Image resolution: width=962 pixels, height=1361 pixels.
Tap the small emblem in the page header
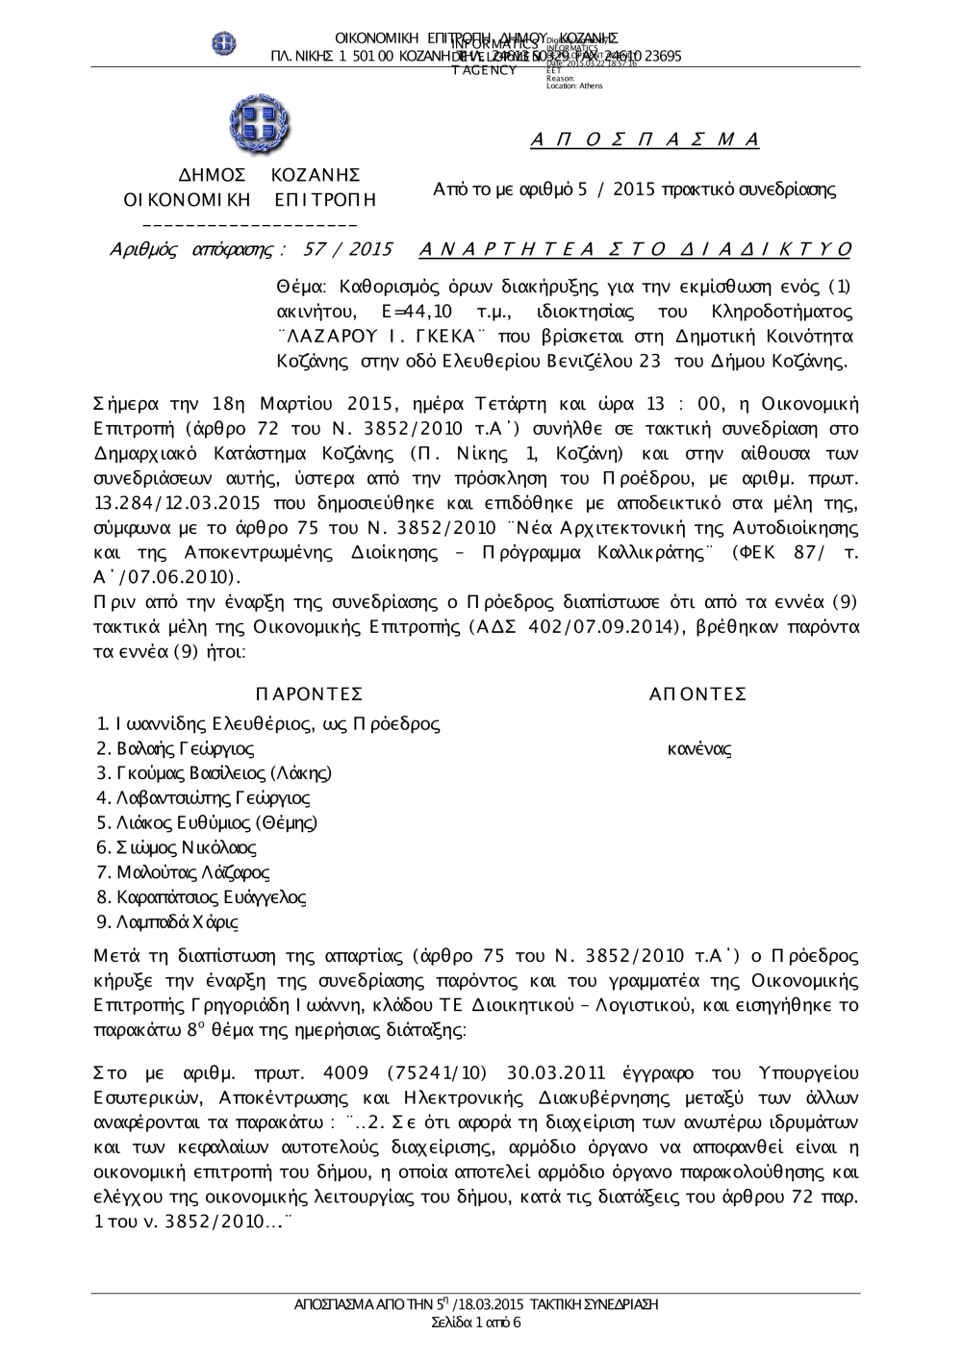[224, 43]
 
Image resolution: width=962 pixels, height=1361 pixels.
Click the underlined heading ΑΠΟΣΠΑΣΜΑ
[645, 140]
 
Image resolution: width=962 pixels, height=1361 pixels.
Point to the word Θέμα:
[302, 287]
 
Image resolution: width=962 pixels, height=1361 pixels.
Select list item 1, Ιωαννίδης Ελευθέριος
[268, 724]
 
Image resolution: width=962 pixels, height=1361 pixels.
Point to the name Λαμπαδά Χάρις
[177, 921]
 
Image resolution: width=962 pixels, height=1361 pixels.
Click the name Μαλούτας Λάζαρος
[192, 872]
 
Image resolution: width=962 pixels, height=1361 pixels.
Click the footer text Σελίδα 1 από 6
[476, 1322]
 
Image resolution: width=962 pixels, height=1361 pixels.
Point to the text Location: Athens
[574, 87]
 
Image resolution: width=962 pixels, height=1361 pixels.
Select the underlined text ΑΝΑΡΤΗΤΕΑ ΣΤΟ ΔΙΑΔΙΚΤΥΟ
[636, 250]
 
